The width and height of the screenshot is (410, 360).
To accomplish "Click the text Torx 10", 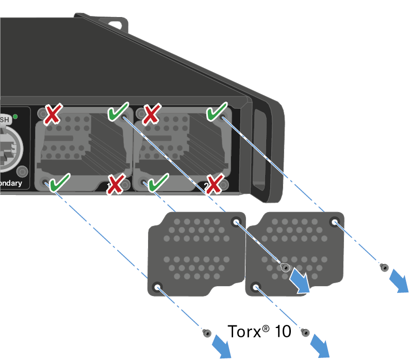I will (x=259, y=331).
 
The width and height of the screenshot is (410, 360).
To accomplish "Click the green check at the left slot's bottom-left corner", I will (x=60, y=182).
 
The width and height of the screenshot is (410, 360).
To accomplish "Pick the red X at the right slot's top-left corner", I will (x=151, y=114).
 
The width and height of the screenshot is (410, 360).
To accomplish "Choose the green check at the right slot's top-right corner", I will (x=217, y=112).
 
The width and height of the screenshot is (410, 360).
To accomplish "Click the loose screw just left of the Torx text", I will (x=206, y=333).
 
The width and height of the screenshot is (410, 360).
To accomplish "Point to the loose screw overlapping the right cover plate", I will (x=284, y=267).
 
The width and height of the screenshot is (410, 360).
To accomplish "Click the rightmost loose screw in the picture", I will (x=384, y=267).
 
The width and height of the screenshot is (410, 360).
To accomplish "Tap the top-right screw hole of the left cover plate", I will (x=236, y=223).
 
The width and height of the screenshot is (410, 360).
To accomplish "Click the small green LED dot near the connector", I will (x=15, y=116).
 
